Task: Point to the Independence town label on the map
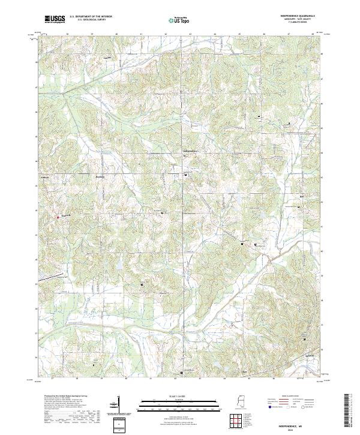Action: [x=190, y=150]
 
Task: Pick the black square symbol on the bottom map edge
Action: [x=182, y=373]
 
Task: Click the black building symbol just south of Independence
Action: [x=186, y=175]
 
